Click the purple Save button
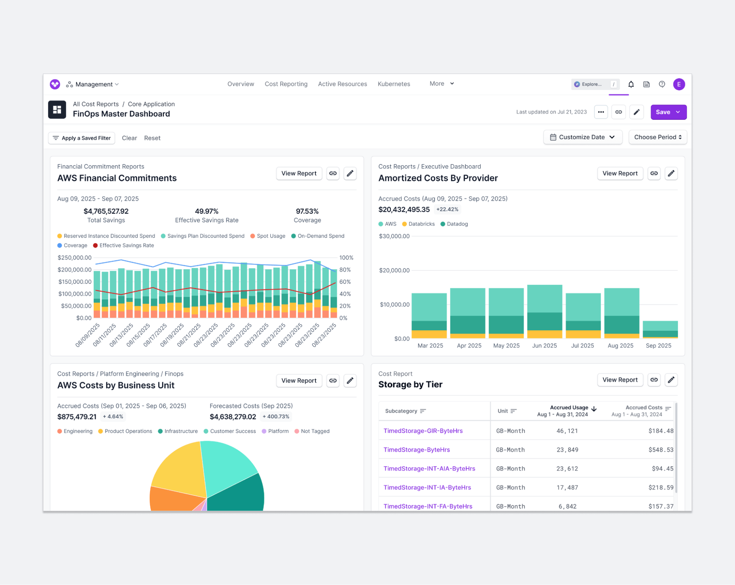663,112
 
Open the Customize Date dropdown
582,137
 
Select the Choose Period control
657,137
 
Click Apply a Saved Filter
82,138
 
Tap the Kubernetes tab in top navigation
394,84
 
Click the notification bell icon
631,84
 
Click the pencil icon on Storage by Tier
671,380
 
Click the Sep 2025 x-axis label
658,345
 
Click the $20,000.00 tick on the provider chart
394,271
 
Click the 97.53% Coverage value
307,211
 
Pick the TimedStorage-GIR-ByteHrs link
423,431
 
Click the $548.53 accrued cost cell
660,450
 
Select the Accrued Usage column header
569,408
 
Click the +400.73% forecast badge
276,417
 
